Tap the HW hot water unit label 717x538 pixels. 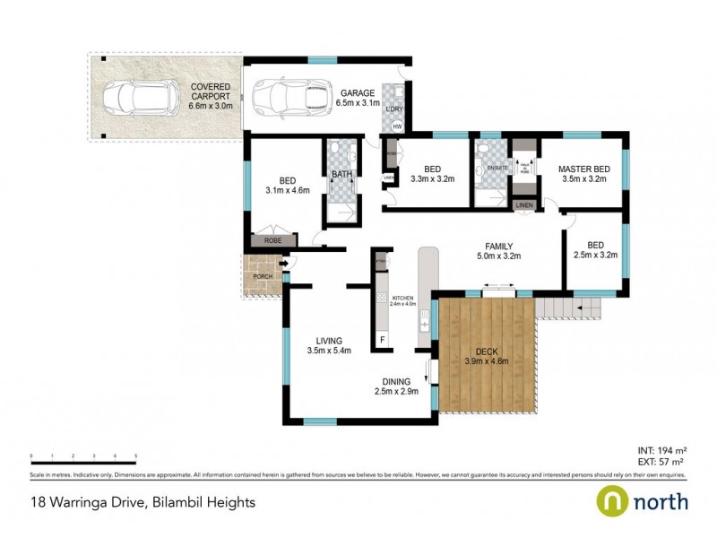[397, 126]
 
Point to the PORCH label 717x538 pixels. [263, 276]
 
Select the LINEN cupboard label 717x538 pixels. [524, 206]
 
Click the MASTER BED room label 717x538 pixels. [583, 169]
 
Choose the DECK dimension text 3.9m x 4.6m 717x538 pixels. [487, 361]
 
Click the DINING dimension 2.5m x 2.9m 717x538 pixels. [396, 391]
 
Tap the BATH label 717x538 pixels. [341, 175]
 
